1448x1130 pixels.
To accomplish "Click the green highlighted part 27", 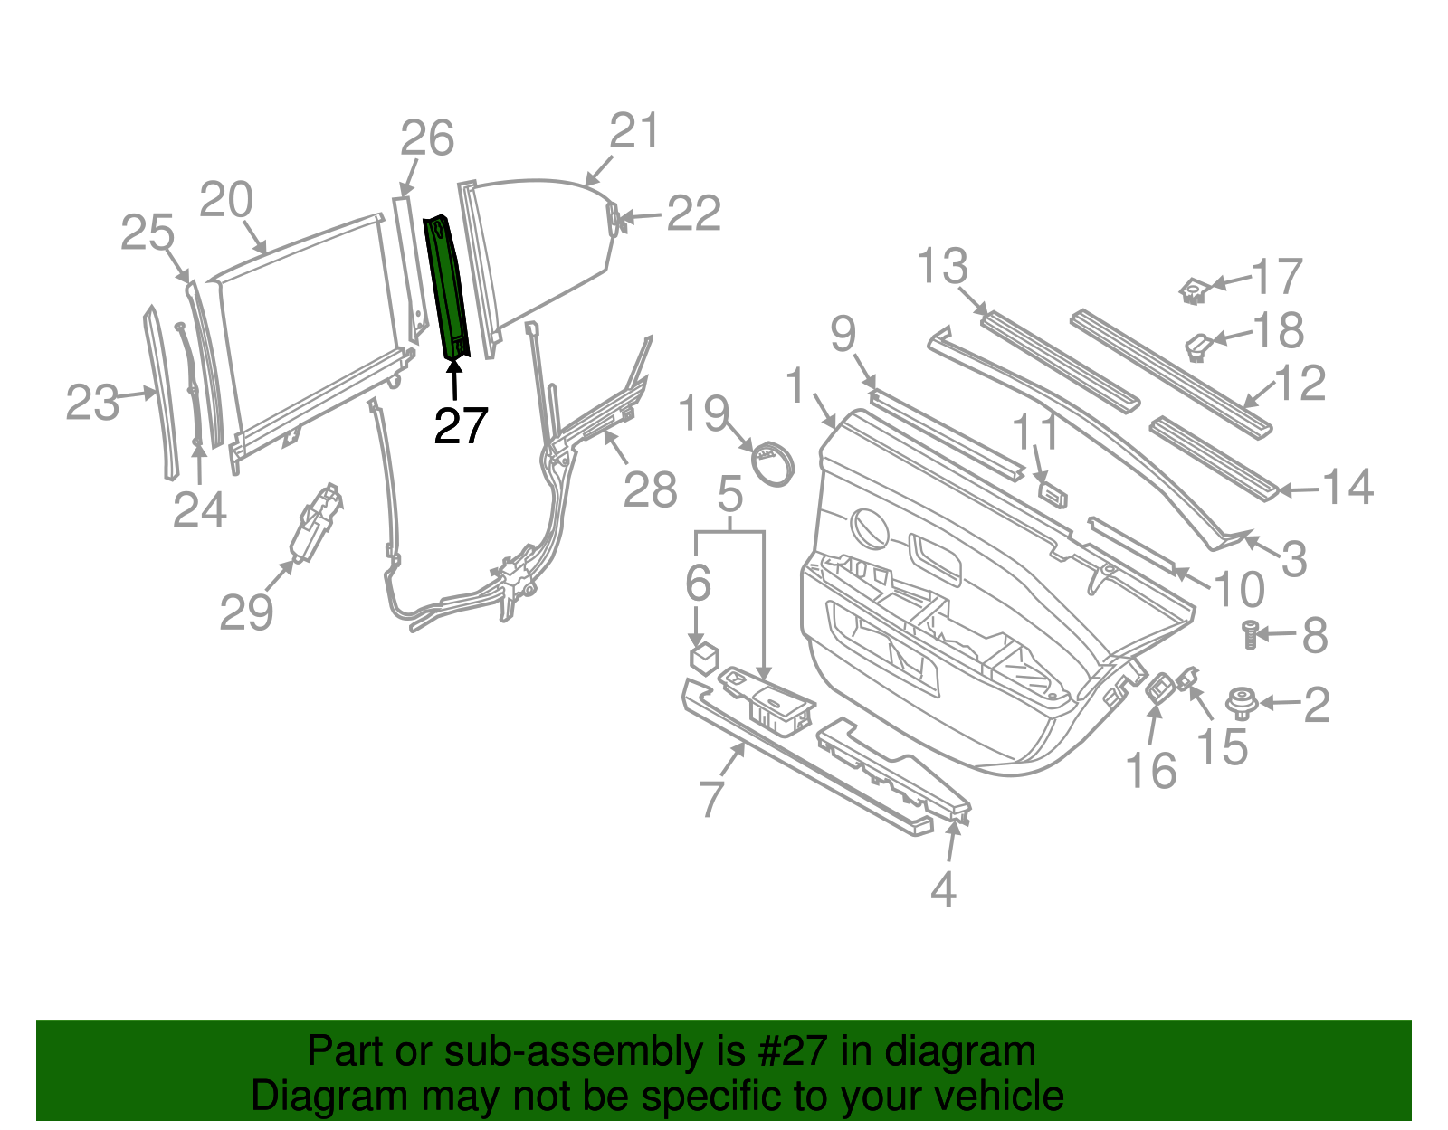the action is tap(447, 286).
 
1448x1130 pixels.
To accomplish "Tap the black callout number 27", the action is tap(461, 426).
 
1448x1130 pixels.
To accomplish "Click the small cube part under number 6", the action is tap(704, 658).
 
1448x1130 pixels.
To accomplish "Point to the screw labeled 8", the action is tap(1250, 634).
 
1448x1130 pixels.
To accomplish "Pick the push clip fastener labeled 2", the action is tap(1241, 703).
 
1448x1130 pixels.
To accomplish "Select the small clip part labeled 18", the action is tap(1199, 347).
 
